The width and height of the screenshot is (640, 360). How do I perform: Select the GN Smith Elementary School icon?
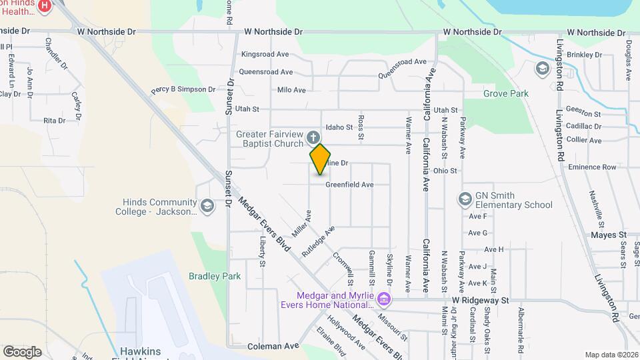pos(465,199)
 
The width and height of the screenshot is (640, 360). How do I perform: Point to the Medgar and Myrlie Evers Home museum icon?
pos(383,298)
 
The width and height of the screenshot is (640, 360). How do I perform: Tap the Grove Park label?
pos(505,94)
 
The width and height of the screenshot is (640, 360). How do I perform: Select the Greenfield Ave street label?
pos(348,185)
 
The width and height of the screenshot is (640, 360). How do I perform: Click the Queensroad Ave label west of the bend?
pos(265,72)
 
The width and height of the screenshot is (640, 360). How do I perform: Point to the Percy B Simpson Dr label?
pos(183,89)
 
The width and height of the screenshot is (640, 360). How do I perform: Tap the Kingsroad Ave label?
pos(265,54)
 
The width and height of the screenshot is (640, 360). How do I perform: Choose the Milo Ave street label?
pos(291,90)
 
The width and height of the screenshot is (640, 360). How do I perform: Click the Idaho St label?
pos(339,127)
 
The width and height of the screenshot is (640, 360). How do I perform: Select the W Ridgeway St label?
pos(480,301)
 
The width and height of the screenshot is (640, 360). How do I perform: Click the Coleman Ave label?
pos(273,346)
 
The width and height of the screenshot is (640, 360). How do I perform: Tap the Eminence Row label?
pos(591,167)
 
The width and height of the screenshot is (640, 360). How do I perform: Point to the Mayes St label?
pos(609,235)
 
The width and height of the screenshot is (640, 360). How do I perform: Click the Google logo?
pos(22,351)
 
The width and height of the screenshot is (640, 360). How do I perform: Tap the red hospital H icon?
pos(45,6)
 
